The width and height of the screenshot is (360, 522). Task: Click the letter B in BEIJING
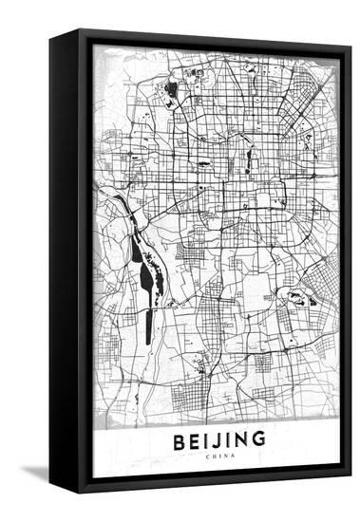180,439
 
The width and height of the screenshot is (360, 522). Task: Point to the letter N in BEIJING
243,439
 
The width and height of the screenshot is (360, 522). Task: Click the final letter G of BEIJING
259,439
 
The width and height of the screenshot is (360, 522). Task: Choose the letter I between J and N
232,439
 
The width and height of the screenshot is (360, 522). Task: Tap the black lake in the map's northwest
172,91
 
